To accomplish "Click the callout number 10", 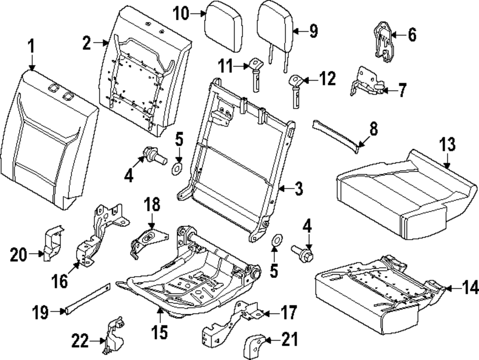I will click(x=182, y=14).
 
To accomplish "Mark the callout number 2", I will click(x=87, y=44).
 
